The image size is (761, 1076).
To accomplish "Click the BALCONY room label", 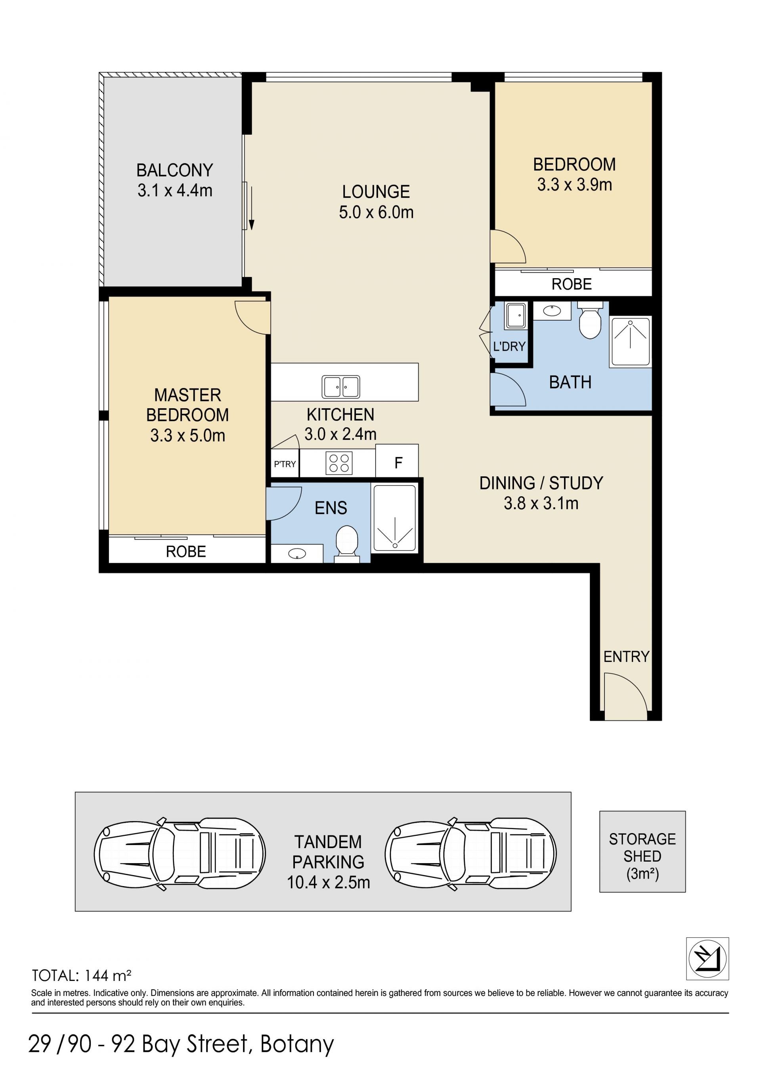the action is click(175, 170).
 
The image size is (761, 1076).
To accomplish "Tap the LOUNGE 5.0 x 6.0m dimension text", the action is click(376, 212).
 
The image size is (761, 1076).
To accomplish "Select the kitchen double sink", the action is click(341, 387).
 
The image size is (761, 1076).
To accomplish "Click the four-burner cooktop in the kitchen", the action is click(339, 463).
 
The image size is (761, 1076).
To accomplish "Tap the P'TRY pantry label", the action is click(285, 464).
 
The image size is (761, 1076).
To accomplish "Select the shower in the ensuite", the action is click(394, 519).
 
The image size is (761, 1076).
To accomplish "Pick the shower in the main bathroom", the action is click(630, 342).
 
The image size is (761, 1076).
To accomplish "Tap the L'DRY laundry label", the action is click(509, 346).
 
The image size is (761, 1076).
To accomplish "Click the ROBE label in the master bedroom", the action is click(186, 551).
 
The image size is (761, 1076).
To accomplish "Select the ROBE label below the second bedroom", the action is click(572, 284).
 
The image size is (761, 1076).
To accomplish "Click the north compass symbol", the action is click(707, 958).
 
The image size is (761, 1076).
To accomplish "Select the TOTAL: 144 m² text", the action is click(81, 976).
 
